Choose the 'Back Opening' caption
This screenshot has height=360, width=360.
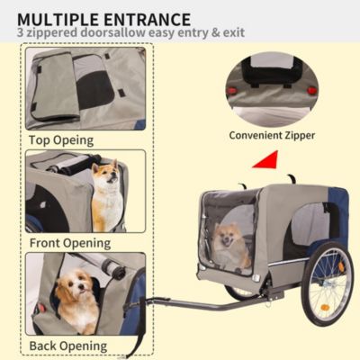[x=70, y=346]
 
